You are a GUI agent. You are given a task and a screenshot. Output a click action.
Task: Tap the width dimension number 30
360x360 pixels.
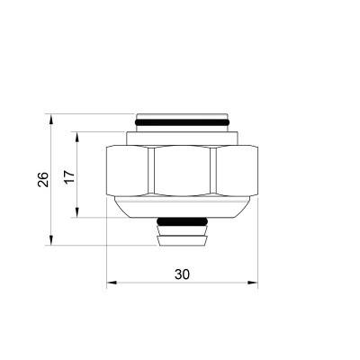pyautogui.click(x=183, y=274)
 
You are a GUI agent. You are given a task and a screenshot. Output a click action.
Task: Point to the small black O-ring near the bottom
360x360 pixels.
pyautogui.click(x=183, y=221)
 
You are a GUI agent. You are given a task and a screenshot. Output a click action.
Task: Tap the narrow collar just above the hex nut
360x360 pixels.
pyautogui.click(x=183, y=138)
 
